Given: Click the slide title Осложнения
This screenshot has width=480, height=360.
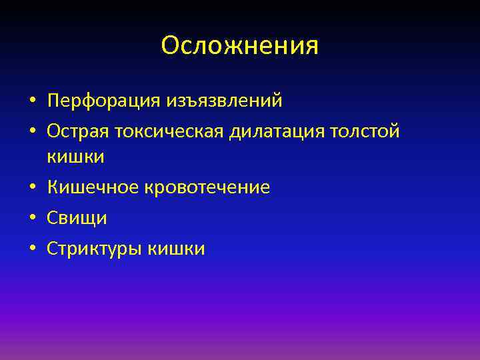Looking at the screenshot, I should [x=240, y=46].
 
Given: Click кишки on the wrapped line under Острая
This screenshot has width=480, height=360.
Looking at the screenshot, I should [x=75, y=157].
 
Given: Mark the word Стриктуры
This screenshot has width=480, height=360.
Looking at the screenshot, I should [x=94, y=249].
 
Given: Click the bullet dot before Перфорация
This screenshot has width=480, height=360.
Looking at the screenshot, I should [x=32, y=102].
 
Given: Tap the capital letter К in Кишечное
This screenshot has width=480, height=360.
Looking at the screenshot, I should [x=53, y=188].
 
